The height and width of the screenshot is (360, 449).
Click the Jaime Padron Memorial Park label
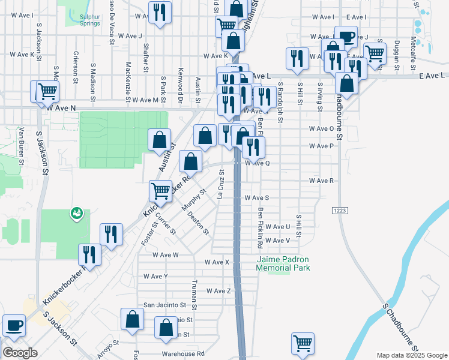tap(283, 263)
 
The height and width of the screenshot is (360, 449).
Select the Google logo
tap(20, 353)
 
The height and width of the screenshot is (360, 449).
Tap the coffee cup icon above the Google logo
tap(14, 325)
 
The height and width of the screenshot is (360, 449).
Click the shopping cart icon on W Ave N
tap(47, 91)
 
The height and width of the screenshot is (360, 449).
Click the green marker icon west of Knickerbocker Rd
tap(76, 212)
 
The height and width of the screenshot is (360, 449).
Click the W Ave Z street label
tap(218, 291)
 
